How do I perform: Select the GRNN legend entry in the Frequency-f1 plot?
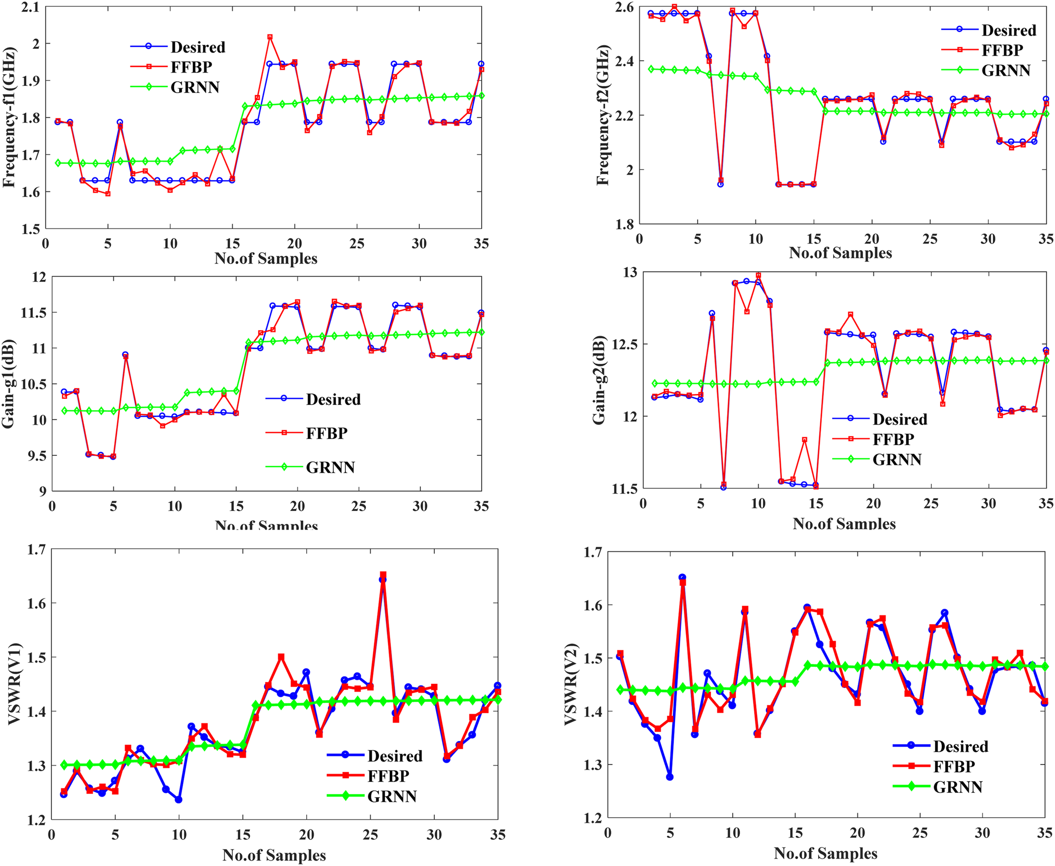(x=195, y=87)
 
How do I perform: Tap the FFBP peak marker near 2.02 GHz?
(x=270, y=37)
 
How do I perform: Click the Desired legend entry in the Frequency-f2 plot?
(x=1008, y=30)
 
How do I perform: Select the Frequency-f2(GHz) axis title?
(x=603, y=115)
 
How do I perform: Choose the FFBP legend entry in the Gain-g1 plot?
(x=326, y=433)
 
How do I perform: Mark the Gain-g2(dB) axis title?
(x=600, y=380)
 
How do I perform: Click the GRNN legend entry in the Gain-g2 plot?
(x=896, y=459)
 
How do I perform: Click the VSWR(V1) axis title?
(x=14, y=684)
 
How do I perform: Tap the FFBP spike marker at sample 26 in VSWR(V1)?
(x=383, y=575)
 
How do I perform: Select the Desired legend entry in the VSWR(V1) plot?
(x=394, y=756)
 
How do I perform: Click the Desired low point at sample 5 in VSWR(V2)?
(x=670, y=777)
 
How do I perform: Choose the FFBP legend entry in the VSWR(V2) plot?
(x=954, y=767)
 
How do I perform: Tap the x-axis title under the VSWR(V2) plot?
(x=825, y=854)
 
